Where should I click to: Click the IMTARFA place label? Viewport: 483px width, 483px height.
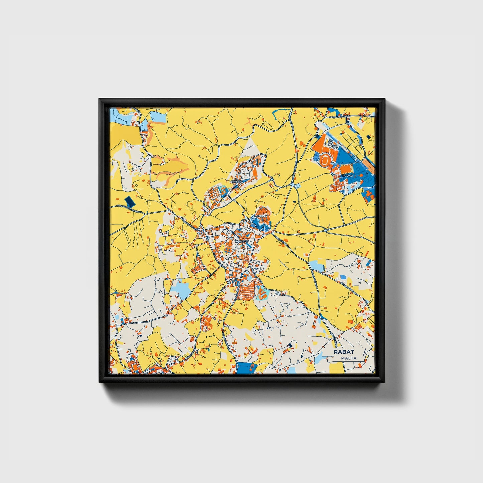tap(237, 182)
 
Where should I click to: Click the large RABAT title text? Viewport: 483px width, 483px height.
tap(344, 352)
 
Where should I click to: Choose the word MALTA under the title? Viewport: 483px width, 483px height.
tap(349, 358)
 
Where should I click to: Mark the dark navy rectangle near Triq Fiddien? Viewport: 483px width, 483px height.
tap(129, 202)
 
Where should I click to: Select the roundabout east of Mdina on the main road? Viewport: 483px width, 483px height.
tap(326, 230)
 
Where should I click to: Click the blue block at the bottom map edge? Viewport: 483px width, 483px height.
tap(247, 368)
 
